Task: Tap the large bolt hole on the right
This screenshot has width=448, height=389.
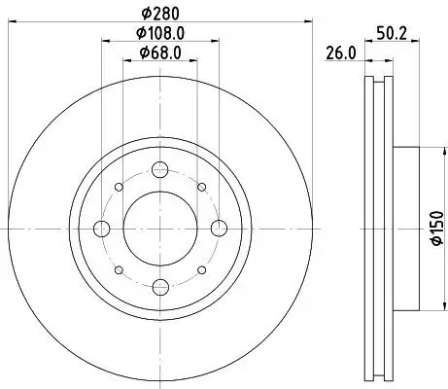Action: click(x=218, y=230)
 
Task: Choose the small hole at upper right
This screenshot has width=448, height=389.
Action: click(x=201, y=189)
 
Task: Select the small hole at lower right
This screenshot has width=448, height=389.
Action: click(x=201, y=270)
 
